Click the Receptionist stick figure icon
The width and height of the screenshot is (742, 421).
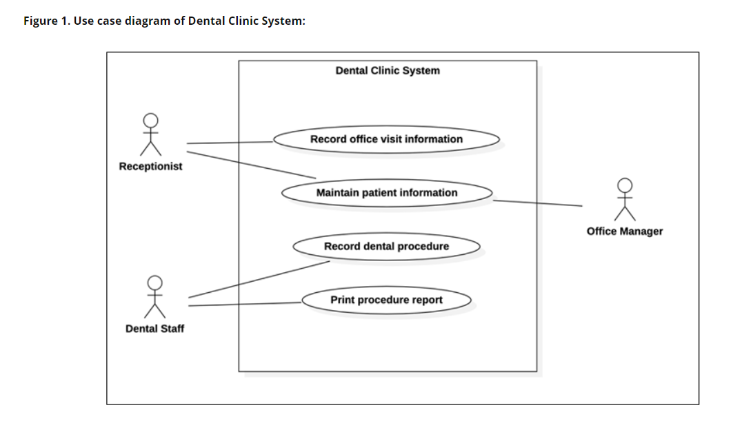(x=150, y=135)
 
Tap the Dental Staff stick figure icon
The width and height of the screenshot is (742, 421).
(x=155, y=298)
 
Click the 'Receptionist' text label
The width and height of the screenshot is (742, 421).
(x=150, y=167)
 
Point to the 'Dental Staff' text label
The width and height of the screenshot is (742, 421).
(x=154, y=329)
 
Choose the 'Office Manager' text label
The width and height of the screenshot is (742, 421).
(x=624, y=232)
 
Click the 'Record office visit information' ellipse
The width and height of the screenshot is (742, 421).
(x=386, y=139)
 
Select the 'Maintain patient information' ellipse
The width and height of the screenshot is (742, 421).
(x=386, y=193)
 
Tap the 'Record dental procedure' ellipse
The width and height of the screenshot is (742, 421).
(x=386, y=247)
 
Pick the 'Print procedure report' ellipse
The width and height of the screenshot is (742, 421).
(x=386, y=300)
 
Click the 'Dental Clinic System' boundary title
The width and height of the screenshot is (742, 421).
(x=387, y=71)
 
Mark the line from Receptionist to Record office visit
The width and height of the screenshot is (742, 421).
(x=231, y=143)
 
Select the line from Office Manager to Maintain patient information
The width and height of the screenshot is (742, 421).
(x=538, y=203)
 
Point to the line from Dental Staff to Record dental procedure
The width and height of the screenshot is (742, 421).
(x=259, y=279)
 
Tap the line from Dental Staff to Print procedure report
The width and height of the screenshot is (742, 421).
(x=245, y=304)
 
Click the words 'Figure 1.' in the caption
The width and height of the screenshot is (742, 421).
(x=46, y=21)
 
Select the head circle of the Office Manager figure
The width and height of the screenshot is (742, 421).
(x=625, y=185)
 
